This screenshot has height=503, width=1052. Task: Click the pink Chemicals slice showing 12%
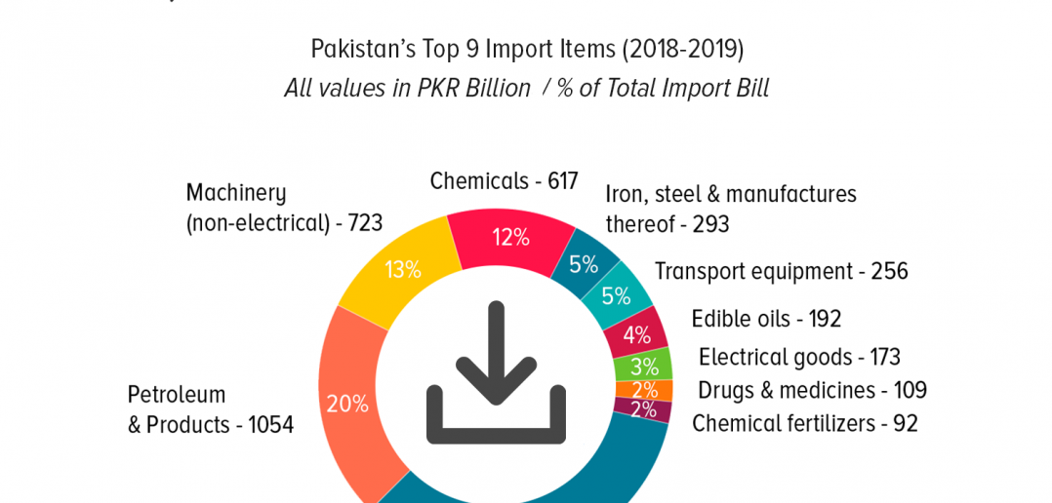point(511,239)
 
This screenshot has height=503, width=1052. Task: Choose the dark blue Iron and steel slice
point(584,264)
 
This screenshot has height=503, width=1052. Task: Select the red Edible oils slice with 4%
point(637,333)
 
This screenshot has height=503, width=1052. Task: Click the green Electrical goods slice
point(643,366)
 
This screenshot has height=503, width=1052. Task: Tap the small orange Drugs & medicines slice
point(645,390)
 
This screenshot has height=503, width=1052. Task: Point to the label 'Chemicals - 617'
point(504,181)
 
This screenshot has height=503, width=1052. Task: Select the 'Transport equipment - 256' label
point(781,271)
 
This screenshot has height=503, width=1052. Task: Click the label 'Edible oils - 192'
point(766,319)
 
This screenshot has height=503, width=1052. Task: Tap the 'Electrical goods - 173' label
point(800,357)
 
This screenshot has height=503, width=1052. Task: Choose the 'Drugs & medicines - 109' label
point(813,390)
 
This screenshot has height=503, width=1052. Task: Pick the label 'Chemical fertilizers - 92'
point(804,423)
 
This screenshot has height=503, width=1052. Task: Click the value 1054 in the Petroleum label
point(271,425)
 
